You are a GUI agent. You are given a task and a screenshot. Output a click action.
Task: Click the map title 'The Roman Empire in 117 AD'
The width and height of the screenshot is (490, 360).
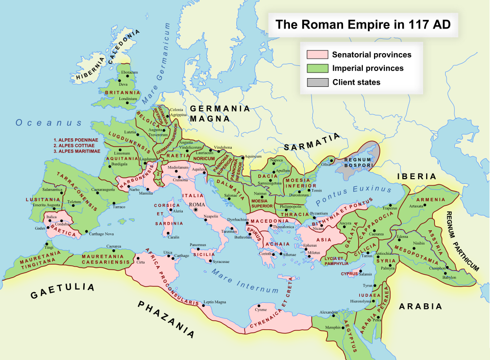(x=363, y=25)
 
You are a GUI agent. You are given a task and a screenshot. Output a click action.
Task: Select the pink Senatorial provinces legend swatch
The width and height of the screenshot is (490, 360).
(x=317, y=55)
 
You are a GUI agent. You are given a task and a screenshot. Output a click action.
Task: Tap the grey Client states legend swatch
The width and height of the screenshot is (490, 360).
(x=317, y=82)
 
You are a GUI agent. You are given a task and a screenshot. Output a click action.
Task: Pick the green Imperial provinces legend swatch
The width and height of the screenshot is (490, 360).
(x=317, y=68)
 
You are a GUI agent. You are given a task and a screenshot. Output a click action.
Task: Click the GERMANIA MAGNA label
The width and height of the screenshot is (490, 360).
(x=220, y=113)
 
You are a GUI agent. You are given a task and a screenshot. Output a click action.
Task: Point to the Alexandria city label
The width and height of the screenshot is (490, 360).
(x=329, y=312)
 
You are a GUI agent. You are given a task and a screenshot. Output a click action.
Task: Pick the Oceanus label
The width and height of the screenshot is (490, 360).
(x=48, y=123)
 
